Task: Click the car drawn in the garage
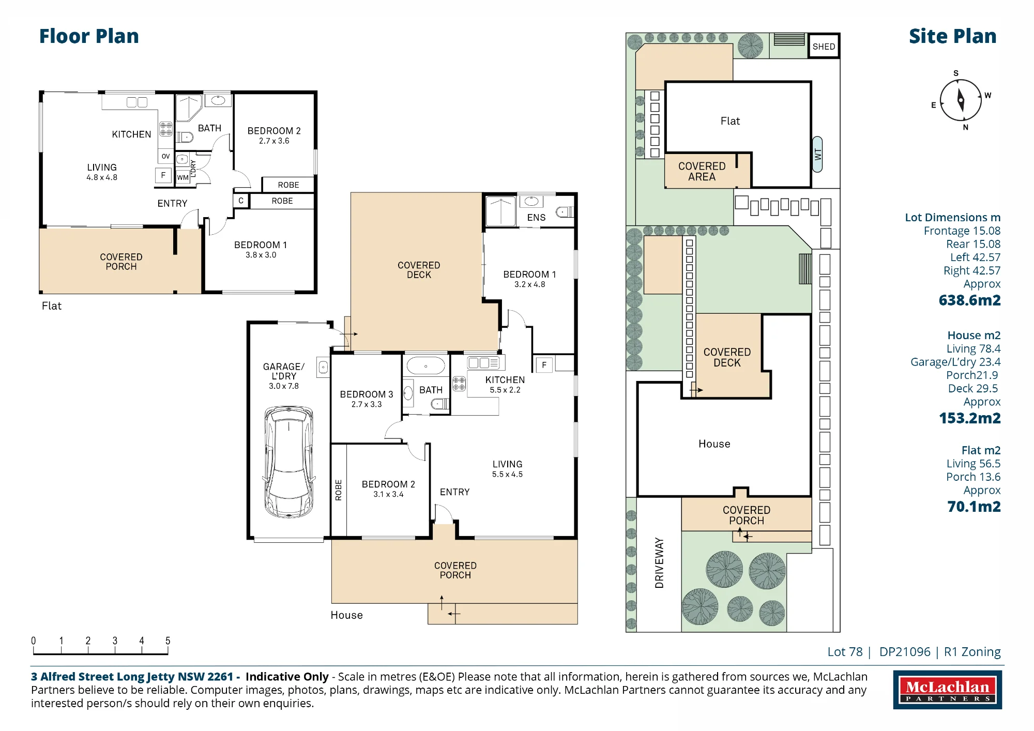tap(288, 462)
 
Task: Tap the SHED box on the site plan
tap(824, 47)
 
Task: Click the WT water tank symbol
tap(817, 154)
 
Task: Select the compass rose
tap(961, 100)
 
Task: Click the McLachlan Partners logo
tap(947, 690)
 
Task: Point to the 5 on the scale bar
tap(168, 641)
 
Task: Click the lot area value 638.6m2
tap(969, 300)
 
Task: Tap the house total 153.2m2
tap(969, 418)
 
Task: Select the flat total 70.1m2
tap(974, 507)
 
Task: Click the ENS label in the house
tap(536, 218)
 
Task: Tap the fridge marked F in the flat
tap(163, 175)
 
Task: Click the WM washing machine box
tap(183, 177)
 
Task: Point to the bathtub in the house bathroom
tap(426, 365)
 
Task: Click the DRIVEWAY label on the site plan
tap(659, 563)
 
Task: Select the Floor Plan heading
tap(89, 36)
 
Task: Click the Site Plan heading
tap(952, 36)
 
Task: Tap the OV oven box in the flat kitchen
tap(165, 156)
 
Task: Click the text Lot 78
tap(845, 652)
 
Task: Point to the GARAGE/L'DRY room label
tap(284, 371)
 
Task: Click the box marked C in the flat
tap(241, 201)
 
